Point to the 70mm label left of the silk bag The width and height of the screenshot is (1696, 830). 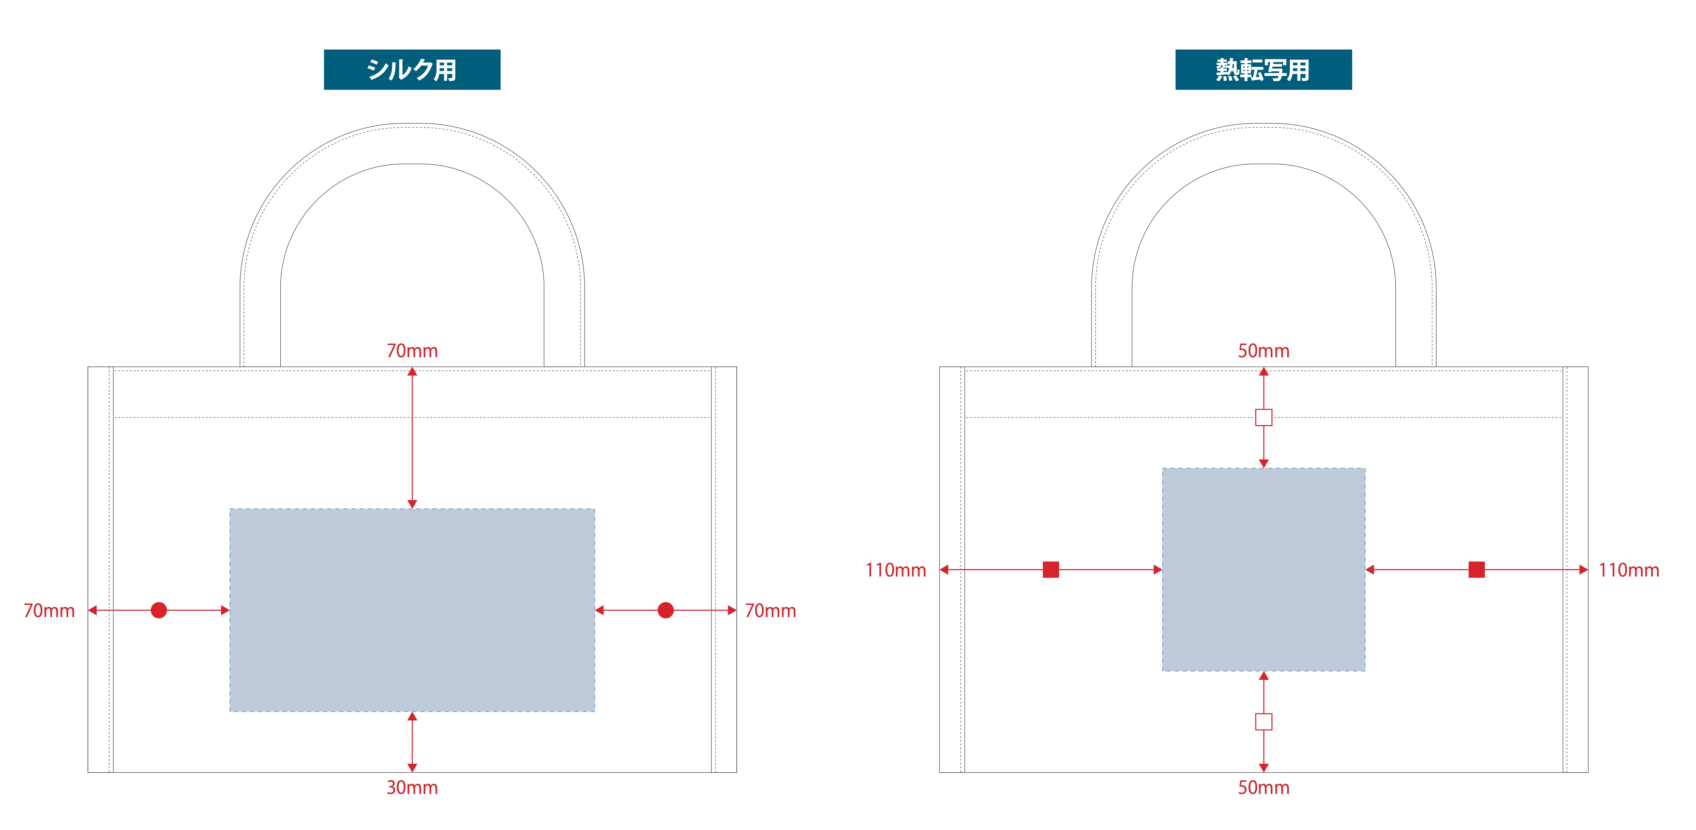[x=49, y=611]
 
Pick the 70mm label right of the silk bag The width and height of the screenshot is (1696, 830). [x=770, y=611]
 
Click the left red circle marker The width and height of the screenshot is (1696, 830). [x=159, y=610]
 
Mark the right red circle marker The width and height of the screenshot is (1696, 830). [x=666, y=610]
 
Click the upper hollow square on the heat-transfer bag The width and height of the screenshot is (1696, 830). [x=1263, y=418]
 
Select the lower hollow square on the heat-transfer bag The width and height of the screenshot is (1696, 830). [x=1263, y=722]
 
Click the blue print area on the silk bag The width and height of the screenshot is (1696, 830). [x=412, y=610]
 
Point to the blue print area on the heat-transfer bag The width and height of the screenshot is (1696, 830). [x=1263, y=570]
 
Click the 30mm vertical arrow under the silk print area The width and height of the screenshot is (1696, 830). [x=412, y=742]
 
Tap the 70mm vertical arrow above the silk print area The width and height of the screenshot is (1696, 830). [x=412, y=438]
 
